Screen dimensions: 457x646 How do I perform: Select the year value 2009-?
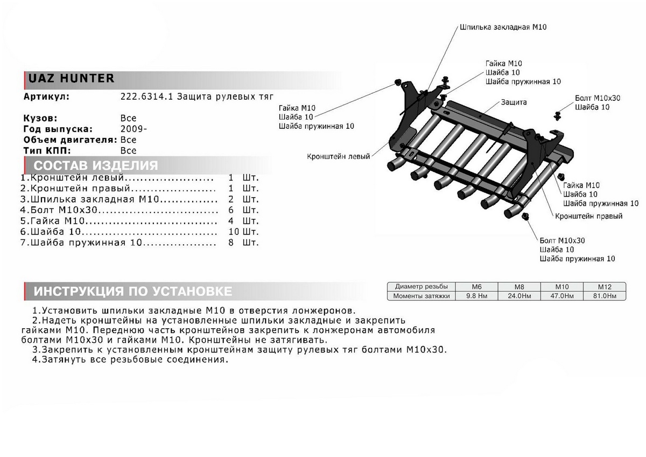(134, 129)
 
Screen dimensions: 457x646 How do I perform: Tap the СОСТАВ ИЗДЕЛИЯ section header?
(96, 165)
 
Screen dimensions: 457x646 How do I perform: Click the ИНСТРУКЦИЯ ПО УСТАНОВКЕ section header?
(134, 292)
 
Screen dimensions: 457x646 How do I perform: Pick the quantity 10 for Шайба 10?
(233, 232)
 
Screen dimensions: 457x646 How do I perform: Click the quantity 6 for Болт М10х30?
(231, 210)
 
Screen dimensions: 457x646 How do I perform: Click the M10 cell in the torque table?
(562, 287)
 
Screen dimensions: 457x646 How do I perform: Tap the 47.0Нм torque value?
(562, 296)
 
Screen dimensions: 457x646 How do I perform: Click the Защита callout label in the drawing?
(514, 102)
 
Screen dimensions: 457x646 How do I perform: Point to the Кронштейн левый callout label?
(339, 156)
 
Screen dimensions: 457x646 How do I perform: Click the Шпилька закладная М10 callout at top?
(503, 26)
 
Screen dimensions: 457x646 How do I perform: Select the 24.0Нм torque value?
(519, 296)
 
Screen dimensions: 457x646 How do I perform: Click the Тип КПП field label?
(47, 150)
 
